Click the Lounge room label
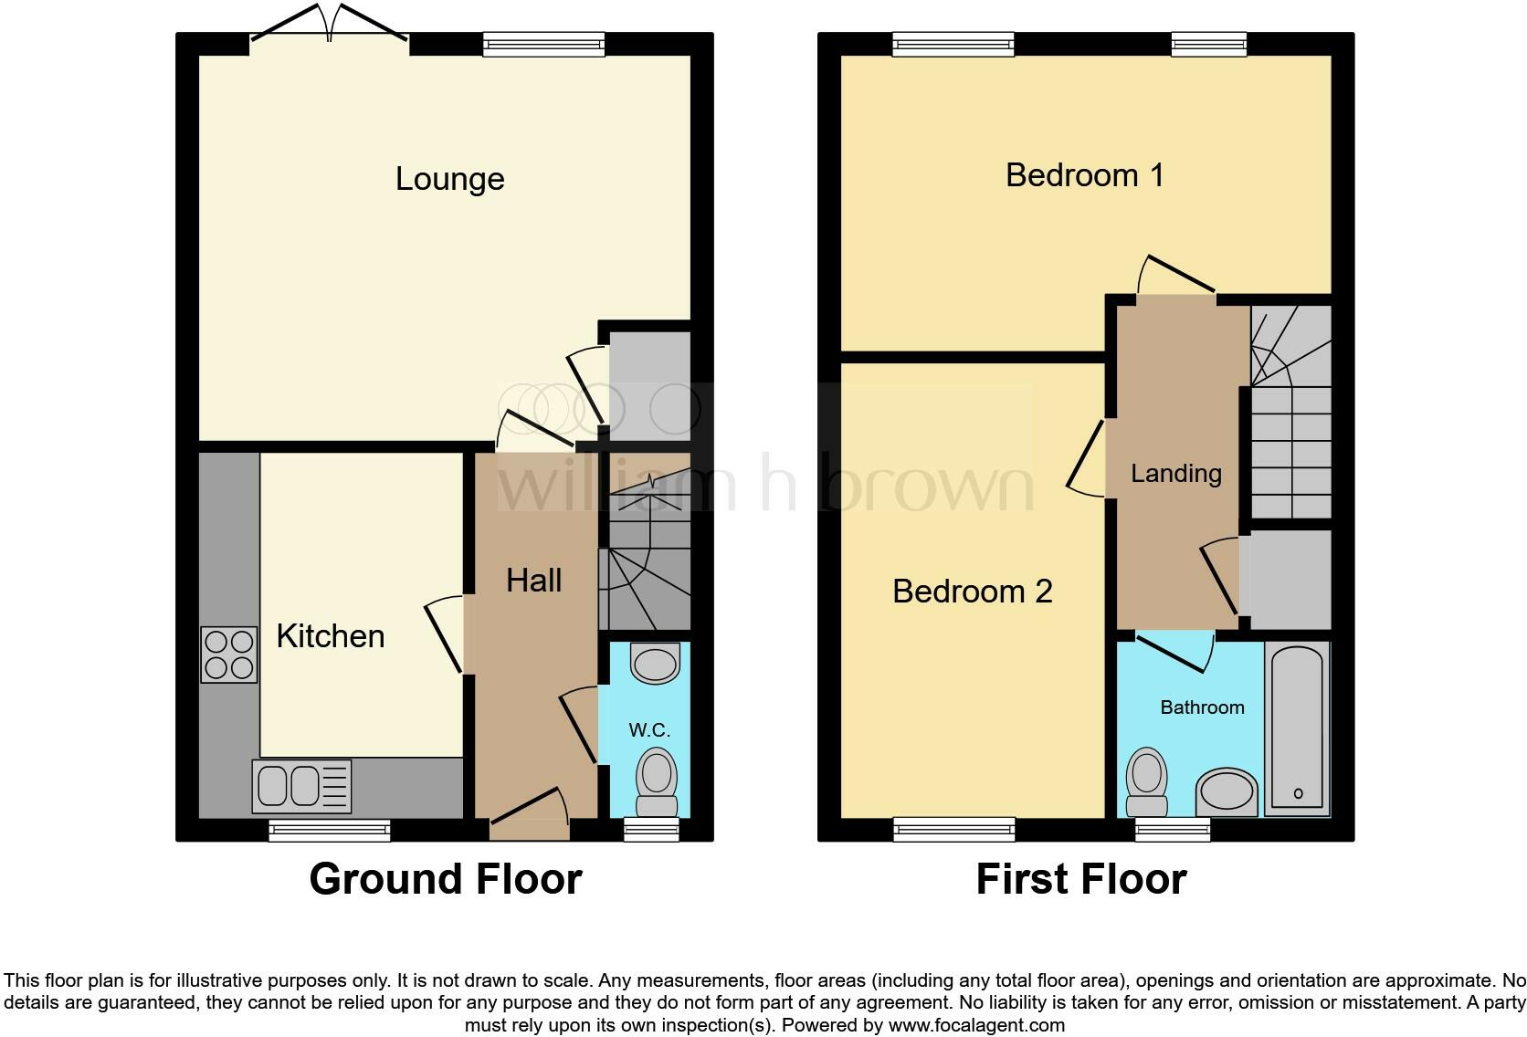(x=449, y=179)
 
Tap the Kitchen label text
(x=331, y=636)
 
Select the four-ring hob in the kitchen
(x=229, y=655)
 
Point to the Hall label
(x=534, y=581)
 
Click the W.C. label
(x=649, y=730)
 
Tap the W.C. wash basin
(x=656, y=664)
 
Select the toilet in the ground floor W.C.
(x=656, y=783)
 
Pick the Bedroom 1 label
(x=1085, y=175)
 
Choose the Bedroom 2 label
(x=973, y=592)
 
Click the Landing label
(x=1176, y=473)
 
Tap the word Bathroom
(x=1202, y=707)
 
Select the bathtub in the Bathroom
(x=1297, y=728)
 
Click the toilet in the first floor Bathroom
(x=1147, y=783)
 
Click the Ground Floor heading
(x=446, y=879)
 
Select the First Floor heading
(x=1081, y=879)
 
